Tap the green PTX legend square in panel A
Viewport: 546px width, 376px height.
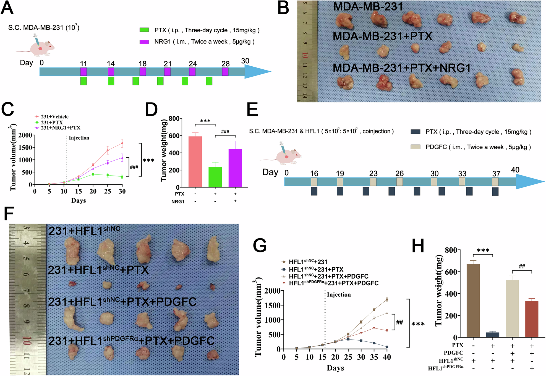(x=144, y=30)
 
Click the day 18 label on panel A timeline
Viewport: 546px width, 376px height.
(x=142, y=64)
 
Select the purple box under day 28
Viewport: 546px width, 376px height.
(x=225, y=72)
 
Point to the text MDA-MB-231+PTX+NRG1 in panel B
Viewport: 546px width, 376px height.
(x=401, y=68)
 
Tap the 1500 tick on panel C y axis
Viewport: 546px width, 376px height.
(x=25, y=148)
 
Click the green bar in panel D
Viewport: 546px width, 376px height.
(x=215, y=177)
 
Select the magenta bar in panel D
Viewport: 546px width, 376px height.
(x=235, y=168)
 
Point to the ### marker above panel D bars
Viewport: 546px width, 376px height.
(x=225, y=132)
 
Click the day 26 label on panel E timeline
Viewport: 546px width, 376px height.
(x=399, y=174)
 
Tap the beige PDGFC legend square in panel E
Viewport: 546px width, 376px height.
(x=415, y=147)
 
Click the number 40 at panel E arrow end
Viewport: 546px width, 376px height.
(x=515, y=170)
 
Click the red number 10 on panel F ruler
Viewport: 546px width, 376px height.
(x=26, y=341)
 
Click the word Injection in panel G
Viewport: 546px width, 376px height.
(x=339, y=295)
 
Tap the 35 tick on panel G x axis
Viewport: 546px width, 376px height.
(x=374, y=357)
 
